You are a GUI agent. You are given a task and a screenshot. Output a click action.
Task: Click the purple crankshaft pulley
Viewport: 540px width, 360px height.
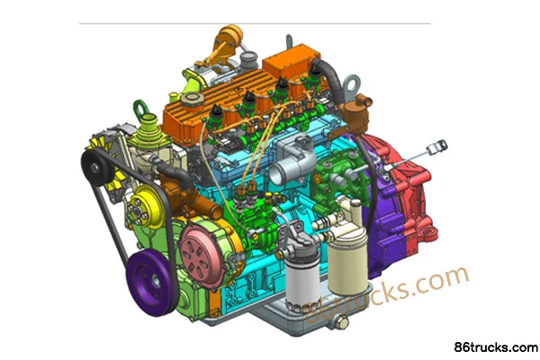point(150,282)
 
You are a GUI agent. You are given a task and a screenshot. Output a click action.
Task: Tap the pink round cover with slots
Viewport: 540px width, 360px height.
point(198,255)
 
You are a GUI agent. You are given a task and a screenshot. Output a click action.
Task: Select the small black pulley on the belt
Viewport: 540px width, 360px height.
point(96,167)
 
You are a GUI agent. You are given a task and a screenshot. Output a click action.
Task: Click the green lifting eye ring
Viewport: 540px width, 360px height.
point(141,108)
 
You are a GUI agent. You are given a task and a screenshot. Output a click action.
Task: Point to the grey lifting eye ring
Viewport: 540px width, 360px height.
point(351,85)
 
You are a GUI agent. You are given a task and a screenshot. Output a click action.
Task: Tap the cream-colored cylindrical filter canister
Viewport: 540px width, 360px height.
point(347,261)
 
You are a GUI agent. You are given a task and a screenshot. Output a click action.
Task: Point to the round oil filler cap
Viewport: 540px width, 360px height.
point(193,99)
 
